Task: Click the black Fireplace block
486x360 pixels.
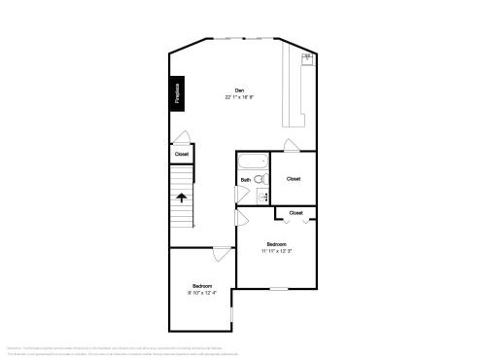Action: point(178,93)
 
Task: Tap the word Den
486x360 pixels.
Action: point(239,90)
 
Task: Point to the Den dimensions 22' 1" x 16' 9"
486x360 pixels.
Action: point(239,97)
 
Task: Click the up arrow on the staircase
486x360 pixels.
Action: point(182,198)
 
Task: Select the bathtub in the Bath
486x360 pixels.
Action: point(255,162)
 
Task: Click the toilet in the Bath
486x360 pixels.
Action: point(260,179)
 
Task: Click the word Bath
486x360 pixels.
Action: point(246,180)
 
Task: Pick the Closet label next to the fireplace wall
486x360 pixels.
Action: point(182,154)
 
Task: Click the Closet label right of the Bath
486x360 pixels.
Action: point(294,179)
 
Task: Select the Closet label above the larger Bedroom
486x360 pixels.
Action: point(295,212)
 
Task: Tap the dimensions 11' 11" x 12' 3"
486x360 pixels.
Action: point(277,251)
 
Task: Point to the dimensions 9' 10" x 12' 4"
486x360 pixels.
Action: point(202,292)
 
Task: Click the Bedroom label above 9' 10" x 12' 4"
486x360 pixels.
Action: point(202,285)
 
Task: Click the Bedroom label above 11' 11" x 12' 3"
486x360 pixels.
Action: point(277,243)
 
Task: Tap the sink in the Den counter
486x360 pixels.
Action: point(307,56)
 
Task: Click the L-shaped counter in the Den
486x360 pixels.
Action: point(295,92)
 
